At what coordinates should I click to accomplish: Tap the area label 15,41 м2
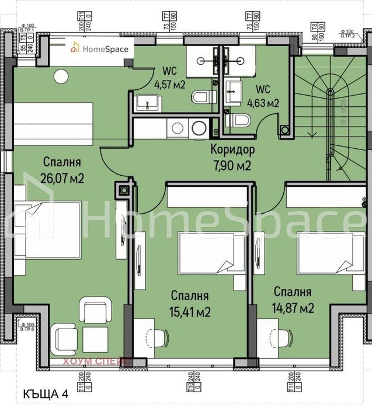pos(191,312)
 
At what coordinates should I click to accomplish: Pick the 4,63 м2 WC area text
pos(264,103)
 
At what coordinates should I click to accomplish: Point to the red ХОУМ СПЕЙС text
pos(97,361)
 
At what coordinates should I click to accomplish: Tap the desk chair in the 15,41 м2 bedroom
pos(157,337)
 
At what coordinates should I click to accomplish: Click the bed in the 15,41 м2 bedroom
pos(204,251)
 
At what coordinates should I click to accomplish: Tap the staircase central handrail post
pos(331,92)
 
